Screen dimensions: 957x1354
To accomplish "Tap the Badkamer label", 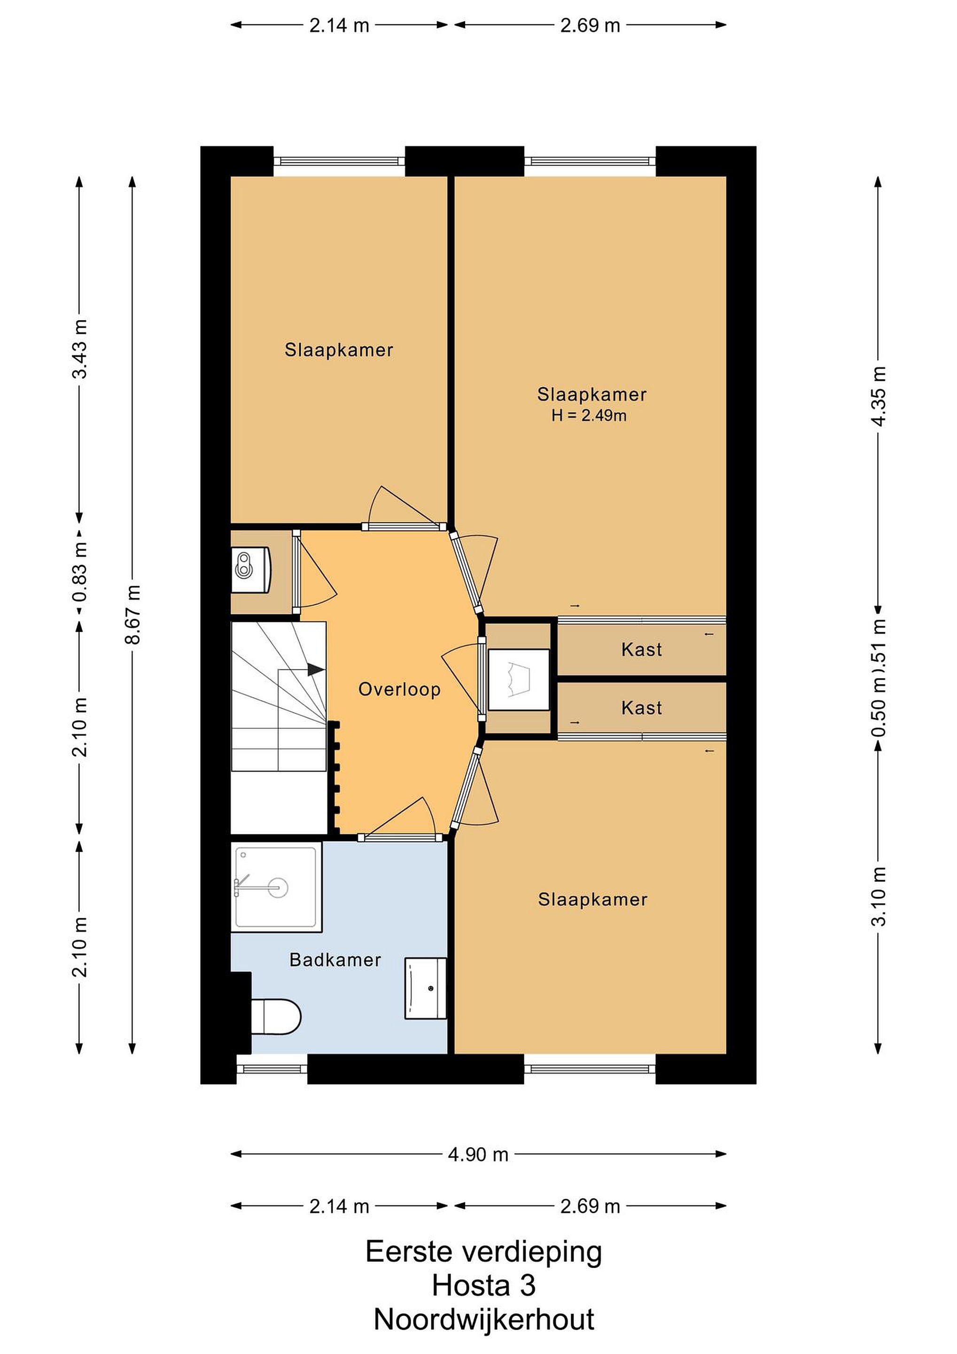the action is click(x=335, y=960).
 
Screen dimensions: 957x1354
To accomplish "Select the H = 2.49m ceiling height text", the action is click(x=589, y=415).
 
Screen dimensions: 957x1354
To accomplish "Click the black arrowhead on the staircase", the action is click(x=315, y=669).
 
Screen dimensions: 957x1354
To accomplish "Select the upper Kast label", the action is click(x=642, y=649).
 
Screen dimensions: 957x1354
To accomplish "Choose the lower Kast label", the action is click(x=642, y=708).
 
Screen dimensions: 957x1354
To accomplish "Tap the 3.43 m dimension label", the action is click(x=79, y=349).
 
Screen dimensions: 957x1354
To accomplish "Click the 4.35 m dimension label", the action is click(x=878, y=396).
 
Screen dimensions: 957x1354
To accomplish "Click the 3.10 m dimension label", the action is click(x=878, y=897).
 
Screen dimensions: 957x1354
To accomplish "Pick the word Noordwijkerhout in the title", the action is click(x=484, y=1319).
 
